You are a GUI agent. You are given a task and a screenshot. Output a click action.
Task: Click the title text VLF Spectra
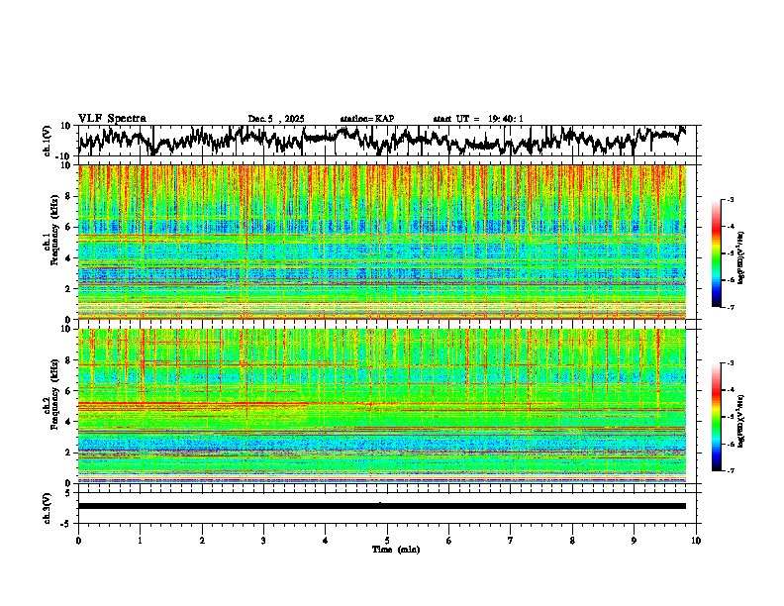pos(112,118)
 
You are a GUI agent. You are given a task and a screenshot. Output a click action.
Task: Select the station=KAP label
pos(367,119)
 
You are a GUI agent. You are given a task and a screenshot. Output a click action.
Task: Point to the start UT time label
pos(478,119)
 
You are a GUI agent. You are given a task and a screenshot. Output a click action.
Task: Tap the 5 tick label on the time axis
pos(387,541)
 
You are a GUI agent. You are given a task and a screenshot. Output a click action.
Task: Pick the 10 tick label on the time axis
pos(696,541)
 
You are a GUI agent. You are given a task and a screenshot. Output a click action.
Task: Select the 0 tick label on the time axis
pos(78,541)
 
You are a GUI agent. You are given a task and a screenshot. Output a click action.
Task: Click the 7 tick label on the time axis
pos(511,541)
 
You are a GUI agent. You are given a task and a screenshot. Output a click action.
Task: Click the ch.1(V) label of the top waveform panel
pos(48,141)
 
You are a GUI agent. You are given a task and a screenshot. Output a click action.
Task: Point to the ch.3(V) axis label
pos(48,506)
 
